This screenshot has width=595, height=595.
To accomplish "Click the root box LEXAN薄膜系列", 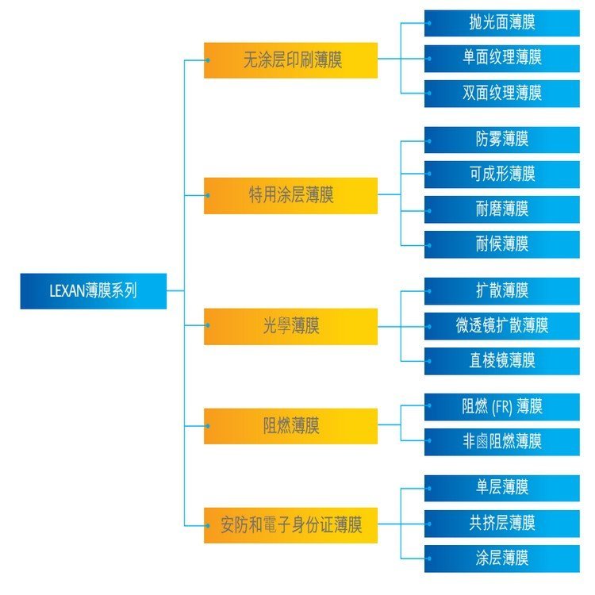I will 94,291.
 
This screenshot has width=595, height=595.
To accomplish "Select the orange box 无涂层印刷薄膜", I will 290,60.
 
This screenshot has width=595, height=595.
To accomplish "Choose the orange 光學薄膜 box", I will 290,327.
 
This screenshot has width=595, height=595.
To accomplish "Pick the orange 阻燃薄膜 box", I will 290,426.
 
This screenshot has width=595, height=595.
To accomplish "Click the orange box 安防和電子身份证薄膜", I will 290,525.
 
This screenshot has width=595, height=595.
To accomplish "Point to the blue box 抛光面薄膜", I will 501,23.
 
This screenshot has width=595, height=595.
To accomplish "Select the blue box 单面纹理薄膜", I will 501,58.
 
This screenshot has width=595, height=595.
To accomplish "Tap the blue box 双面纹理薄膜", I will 501,93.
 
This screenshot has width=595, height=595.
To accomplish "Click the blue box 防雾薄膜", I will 501,140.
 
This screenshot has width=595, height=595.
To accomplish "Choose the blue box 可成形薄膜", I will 501,175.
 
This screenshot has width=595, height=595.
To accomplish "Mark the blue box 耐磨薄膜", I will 501,209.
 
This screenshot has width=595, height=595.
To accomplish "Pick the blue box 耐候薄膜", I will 501,244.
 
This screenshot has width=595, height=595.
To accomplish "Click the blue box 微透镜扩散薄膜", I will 501,325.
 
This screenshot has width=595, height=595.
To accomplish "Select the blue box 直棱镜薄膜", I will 501,361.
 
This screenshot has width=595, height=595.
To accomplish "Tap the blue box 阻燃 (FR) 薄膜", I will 501,407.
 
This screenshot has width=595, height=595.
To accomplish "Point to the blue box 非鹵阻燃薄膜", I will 501,442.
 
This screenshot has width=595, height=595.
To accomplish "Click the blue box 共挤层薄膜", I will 501,524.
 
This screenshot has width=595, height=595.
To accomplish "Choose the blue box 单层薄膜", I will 501,488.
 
